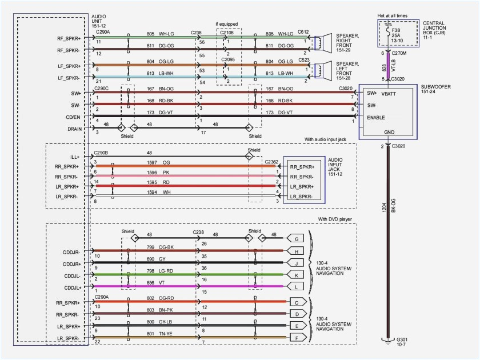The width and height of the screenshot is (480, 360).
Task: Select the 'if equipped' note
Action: pyautogui.click(x=225, y=24)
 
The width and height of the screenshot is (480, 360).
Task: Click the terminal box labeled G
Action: pyautogui.click(x=296, y=238)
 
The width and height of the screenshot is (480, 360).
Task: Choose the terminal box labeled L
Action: pyautogui.click(x=296, y=286)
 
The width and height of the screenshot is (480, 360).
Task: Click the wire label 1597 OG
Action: pyautogui.click(x=158, y=162)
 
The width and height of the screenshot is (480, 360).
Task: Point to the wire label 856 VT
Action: pyautogui.click(x=155, y=282)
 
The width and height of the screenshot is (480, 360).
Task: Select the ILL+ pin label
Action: pyautogui.click(x=75, y=157)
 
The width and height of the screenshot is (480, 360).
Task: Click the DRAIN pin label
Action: pyautogui.click(x=74, y=129)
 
